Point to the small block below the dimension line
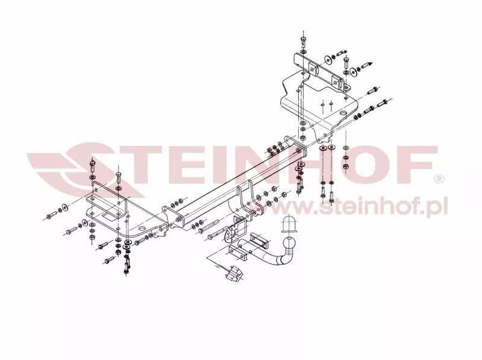[233, 274]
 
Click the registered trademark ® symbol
[440, 179]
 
